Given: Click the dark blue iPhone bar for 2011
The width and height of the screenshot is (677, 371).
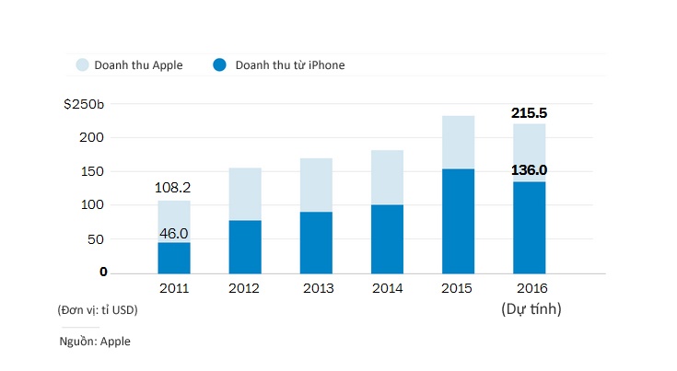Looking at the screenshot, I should coord(174,258).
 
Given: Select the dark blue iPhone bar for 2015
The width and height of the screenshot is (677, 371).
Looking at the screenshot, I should coord(459,221).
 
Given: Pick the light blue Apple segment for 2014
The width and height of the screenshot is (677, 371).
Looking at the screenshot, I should coord(388,177).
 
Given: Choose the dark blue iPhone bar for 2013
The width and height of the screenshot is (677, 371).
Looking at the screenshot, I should coord(316,242).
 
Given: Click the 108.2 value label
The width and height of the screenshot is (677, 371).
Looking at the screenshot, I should coord(174,188).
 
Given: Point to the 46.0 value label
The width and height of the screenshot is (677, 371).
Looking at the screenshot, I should coord(174,234).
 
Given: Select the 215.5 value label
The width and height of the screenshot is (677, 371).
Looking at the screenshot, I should coord(530,113).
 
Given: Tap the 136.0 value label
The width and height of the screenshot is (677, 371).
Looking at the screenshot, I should coord(530,170).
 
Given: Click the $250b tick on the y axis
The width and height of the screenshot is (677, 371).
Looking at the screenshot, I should coord(84,104).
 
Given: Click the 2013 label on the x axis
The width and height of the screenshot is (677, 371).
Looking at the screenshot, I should coord(317,289).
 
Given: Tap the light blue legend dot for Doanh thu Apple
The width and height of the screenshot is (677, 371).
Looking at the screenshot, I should coord(82,65).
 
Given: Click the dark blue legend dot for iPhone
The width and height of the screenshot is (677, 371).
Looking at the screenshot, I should coord(220,65).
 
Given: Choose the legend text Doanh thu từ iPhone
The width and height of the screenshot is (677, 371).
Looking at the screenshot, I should coord(290,65).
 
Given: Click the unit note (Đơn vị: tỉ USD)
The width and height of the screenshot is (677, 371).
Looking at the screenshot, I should coord(97,310).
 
